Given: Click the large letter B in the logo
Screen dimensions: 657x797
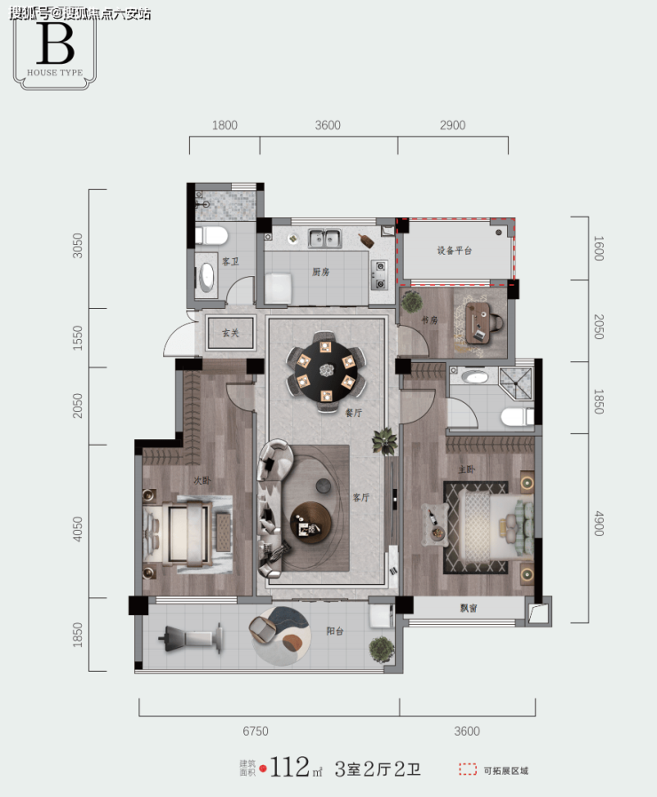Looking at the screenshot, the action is coord(55,43).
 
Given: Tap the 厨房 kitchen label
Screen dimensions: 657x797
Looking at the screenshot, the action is coord(321,272).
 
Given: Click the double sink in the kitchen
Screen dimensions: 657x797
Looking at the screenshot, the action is coord(324,238).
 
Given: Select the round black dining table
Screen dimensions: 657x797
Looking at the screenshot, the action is coord(326,370).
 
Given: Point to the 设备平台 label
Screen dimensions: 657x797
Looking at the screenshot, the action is coord(455,250).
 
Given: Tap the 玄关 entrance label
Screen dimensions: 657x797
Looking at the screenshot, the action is coord(230,333).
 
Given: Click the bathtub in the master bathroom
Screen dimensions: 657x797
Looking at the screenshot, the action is coord(475,377).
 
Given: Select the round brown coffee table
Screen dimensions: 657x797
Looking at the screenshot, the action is coord(311,523).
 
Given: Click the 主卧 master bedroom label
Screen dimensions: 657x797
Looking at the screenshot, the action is coord(467,470).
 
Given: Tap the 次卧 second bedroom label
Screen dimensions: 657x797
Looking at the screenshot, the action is coord(202,480).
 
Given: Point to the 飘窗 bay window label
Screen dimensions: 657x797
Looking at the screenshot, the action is coord(469,608).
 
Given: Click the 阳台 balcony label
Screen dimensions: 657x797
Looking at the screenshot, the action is coord(335,631).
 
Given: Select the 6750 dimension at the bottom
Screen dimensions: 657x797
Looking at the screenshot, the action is coord(256,731).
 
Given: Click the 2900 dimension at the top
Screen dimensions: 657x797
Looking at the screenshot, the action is coord(453,125).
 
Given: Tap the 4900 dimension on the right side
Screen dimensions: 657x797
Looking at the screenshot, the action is coord(599,524).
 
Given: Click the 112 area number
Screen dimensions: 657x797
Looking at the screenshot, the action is coord(289,768).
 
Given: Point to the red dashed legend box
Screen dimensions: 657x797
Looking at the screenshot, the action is coord(468,769).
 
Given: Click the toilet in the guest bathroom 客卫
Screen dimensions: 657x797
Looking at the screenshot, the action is coord(211,236).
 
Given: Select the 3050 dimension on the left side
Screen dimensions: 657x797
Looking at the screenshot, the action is coord(77,246).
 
